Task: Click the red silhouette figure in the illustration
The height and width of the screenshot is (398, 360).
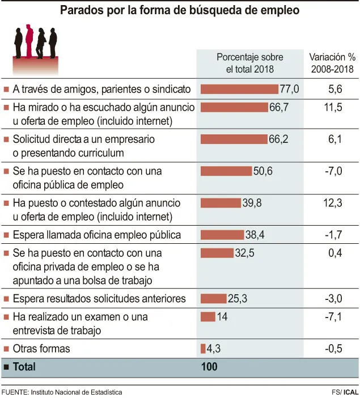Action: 29,41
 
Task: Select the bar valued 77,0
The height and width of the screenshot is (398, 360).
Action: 239,89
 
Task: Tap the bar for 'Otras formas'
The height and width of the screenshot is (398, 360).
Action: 203,349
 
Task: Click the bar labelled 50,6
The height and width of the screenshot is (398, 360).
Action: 226,171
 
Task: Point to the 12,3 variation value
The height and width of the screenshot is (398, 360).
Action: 333,203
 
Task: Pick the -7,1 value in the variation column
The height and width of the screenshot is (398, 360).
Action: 333,317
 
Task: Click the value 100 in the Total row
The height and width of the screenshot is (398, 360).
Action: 209,367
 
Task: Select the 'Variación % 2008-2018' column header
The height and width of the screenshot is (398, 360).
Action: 332,63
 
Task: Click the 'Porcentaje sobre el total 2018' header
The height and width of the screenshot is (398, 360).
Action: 250,63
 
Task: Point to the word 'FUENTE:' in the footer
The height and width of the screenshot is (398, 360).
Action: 15,392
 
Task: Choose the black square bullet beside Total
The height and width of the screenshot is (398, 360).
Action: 6,367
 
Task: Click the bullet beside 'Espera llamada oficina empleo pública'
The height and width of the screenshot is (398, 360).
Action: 6,235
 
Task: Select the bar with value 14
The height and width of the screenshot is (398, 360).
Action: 208,317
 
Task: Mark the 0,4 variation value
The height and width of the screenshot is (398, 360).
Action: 335,253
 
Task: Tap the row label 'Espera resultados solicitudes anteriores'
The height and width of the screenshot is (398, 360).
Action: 99,299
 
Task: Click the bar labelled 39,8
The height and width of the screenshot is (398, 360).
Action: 221,203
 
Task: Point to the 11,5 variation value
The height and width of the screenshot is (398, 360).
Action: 333,107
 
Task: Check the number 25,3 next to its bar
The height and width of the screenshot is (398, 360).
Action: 238,299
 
